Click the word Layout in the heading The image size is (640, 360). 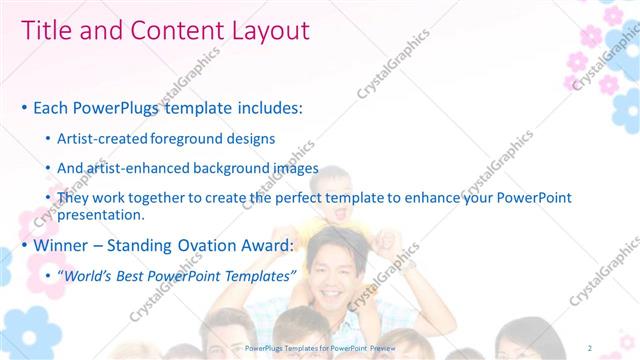point(264,31)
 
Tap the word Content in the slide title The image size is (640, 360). point(170,31)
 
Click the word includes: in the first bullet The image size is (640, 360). point(266,107)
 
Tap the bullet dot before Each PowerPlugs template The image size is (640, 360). point(24,108)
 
